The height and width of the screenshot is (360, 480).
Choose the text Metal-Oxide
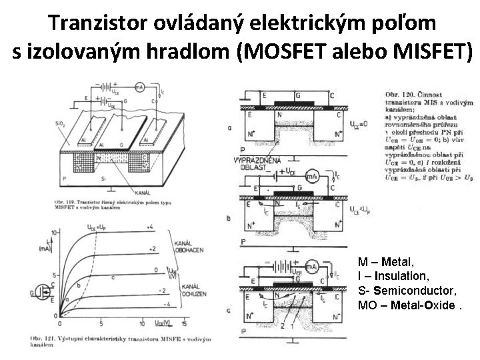(x=421, y=305)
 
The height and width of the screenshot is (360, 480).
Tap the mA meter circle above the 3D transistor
(x=140, y=87)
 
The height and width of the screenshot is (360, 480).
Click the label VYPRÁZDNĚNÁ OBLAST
(x=257, y=163)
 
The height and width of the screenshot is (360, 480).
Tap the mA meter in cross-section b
(x=312, y=176)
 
